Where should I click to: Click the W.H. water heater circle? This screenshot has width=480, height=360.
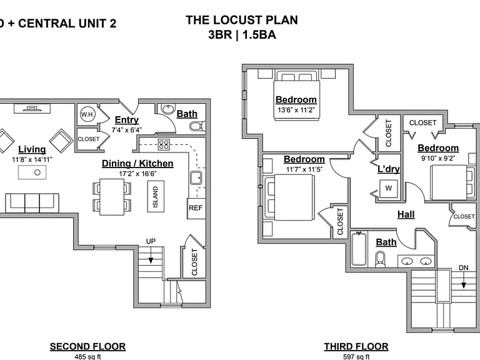coord(87,114)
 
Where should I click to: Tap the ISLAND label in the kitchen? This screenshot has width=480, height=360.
coord(156,196)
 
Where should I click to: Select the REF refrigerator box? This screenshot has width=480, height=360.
coord(196,209)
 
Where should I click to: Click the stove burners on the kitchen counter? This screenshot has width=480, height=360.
coord(164,144)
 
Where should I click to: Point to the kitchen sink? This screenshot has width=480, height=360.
coord(196,178)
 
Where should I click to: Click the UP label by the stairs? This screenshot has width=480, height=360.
coord(151,241)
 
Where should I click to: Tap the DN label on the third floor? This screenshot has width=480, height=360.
coord(464,268)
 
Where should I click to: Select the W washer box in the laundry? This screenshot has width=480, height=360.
coord(389,188)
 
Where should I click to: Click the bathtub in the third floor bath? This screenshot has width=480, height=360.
coord(359,249)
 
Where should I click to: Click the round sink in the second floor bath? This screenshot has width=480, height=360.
coord(167,109)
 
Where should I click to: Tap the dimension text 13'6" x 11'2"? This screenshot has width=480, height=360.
coord(296,110)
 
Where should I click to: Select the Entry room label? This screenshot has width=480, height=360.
coord(127,120)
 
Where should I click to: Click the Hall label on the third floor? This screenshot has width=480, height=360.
coord(406,214)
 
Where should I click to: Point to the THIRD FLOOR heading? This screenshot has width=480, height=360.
coord(356,346)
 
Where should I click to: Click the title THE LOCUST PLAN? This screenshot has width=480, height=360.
coord(242,20)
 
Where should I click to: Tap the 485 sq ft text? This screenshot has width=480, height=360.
coord(87,357)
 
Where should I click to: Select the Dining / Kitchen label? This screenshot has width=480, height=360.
coord(137,164)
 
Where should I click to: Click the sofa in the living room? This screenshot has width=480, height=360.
coord(32,202)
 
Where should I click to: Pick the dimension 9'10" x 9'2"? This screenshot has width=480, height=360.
coord(438,158)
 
